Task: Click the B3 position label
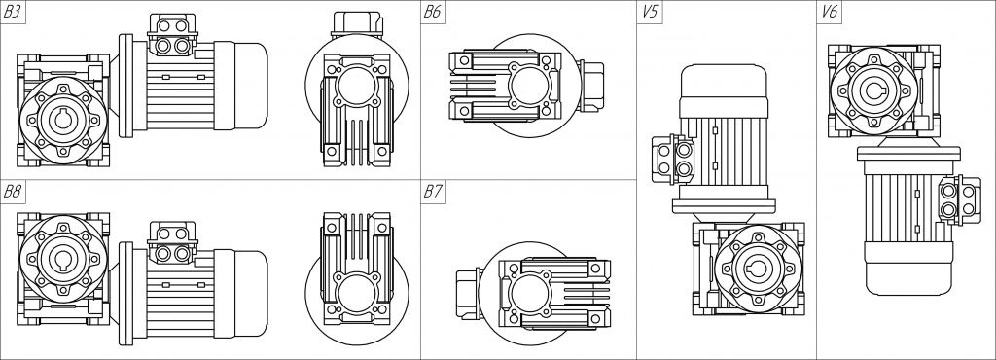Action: click(x=13, y=13)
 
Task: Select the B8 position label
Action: click(x=13, y=192)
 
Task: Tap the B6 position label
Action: click(x=432, y=13)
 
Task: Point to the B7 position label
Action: click(x=432, y=192)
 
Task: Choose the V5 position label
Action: click(x=649, y=13)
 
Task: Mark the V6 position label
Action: click(x=829, y=13)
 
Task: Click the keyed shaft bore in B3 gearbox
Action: click(x=63, y=120)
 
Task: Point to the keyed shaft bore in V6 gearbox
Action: click(x=874, y=90)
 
